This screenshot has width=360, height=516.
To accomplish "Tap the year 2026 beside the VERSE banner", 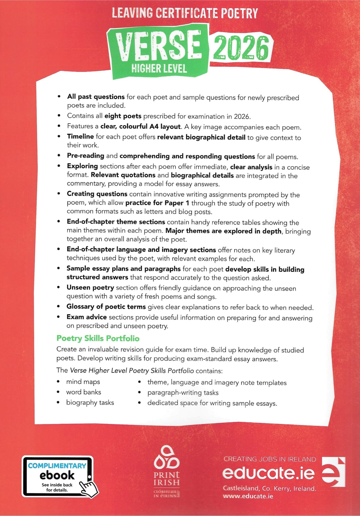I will (240, 48).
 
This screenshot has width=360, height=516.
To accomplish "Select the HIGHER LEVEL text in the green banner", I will (159, 69).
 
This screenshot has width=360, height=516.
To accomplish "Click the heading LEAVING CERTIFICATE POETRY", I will (185, 13).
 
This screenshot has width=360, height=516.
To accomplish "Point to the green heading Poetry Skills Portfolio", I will (98, 338).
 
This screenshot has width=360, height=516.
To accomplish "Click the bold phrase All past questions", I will (96, 97).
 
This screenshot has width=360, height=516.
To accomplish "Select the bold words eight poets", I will (123, 116).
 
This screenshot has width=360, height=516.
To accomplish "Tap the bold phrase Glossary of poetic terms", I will (106, 306).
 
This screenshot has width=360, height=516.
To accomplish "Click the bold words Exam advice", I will (87, 317).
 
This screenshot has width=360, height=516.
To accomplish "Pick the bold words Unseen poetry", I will (90, 287).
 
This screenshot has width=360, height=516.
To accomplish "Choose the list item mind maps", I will (83, 382).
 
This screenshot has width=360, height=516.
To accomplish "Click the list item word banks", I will (84, 392).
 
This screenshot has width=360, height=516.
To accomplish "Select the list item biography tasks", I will (90, 402).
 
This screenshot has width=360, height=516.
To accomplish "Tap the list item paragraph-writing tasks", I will (183, 393).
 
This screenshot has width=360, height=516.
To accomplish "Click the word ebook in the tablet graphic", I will (57, 475).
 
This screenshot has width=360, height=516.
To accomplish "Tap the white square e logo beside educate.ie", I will (334, 472).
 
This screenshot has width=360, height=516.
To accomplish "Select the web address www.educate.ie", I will (248, 496).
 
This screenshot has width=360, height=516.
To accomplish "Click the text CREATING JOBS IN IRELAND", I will (270, 459).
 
